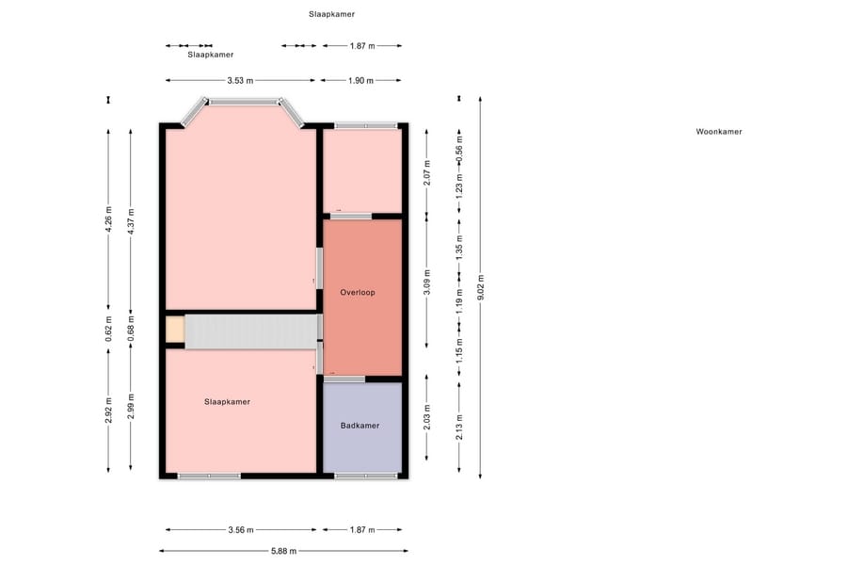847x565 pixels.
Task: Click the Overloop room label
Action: click(x=357, y=293)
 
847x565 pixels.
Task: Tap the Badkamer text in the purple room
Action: click(x=360, y=426)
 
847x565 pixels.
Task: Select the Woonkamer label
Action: click(x=718, y=132)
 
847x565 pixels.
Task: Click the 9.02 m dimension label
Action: click(x=481, y=286)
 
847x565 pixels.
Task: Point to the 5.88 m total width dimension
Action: click(x=283, y=551)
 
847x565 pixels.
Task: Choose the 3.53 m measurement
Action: click(x=240, y=81)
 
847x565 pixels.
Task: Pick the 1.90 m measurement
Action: click(x=360, y=81)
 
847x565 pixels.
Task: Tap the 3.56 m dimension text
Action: click(x=240, y=530)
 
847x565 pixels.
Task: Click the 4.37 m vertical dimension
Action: click(x=131, y=221)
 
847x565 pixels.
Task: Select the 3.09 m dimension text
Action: click(x=426, y=282)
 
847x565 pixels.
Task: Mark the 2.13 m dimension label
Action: click(x=459, y=427)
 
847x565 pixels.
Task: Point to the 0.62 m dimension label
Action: click(x=108, y=329)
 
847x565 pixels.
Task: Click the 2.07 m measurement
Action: click(x=426, y=173)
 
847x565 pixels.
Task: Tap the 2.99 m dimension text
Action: click(x=131, y=406)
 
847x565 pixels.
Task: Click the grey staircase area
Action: click(x=251, y=331)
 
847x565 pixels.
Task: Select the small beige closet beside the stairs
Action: click(x=175, y=330)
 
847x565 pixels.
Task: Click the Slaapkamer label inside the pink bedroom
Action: click(x=227, y=402)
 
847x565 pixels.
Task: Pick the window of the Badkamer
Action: click(x=366, y=476)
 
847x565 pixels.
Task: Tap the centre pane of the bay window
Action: click(x=244, y=102)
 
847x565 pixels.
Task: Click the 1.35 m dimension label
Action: click(x=459, y=247)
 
